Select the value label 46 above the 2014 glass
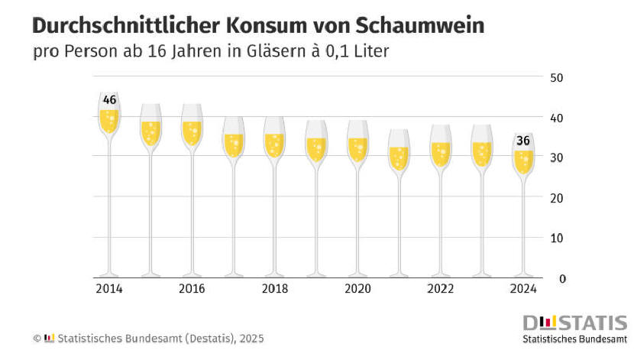(109, 100)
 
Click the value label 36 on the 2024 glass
(523, 141)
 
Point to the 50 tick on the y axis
(558, 78)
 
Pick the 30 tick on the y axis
(558, 157)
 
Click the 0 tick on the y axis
(561, 278)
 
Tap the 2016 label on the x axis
(192, 289)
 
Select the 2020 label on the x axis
(357, 289)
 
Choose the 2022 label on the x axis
(440, 289)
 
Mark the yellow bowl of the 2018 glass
(274, 144)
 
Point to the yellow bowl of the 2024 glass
(523, 161)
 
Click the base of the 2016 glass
(192, 274)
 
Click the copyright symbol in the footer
(36, 338)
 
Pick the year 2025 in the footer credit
(251, 338)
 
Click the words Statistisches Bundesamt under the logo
(574, 338)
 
